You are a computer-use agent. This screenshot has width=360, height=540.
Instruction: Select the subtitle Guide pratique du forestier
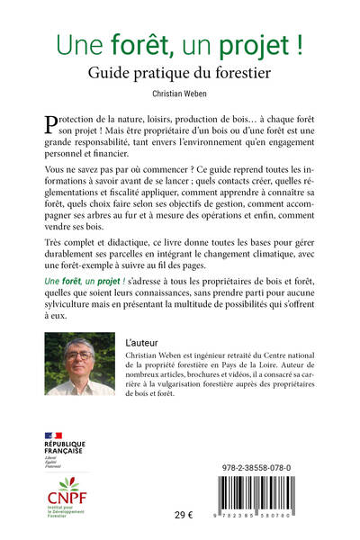click(180, 70)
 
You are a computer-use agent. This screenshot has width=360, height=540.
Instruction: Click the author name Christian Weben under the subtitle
click(180, 92)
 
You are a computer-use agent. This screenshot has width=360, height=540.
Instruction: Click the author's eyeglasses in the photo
click(80, 356)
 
